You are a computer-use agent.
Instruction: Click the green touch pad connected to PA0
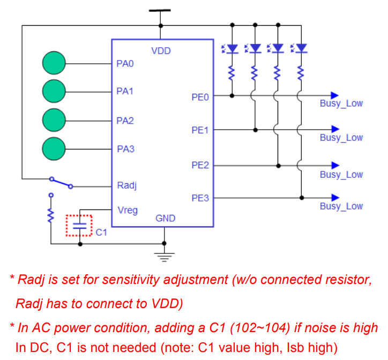54,63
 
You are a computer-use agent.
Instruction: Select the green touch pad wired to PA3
54,149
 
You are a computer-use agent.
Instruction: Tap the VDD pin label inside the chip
161,51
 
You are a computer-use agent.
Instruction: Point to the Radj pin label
127,185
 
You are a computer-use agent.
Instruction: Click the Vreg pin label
128,211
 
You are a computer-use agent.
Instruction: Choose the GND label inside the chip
165,218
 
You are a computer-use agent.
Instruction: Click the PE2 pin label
200,165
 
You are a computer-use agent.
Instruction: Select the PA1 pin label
125,91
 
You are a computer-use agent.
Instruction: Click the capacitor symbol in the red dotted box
80,226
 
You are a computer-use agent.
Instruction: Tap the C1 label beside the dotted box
101,232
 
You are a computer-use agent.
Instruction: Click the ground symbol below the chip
165,257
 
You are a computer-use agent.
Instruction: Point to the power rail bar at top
160,10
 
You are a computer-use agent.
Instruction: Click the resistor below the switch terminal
51,215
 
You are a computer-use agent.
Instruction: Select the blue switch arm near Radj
61,183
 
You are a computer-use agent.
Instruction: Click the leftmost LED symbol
230,49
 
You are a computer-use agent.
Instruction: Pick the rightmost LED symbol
299,48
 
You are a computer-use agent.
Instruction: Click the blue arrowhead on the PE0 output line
335,95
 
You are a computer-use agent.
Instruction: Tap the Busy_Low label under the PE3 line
341,206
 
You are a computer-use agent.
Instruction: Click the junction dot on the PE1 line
256,130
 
